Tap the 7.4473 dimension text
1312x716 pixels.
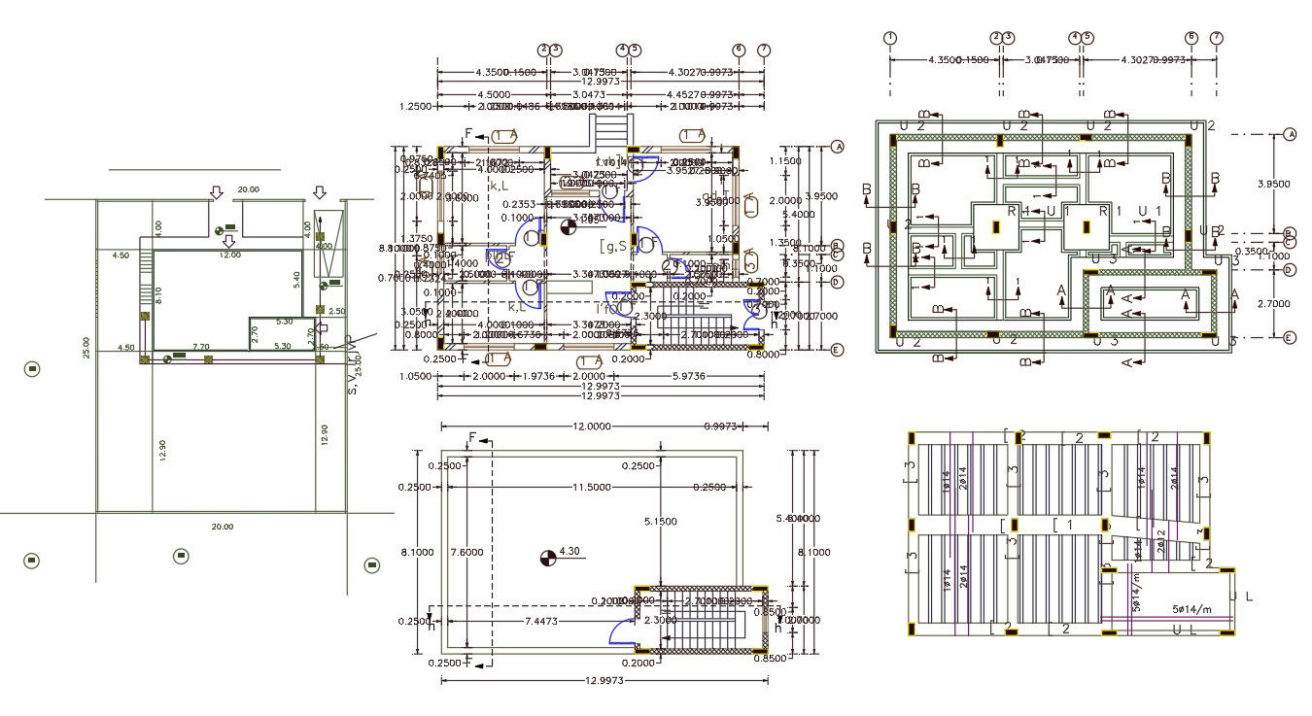(540, 620)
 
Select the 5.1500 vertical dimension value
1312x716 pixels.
(661, 523)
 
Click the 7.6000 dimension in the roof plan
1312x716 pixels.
(467, 551)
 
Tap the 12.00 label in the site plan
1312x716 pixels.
(229, 255)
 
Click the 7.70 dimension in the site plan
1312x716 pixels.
(200, 346)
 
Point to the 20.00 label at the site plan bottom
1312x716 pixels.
(223, 527)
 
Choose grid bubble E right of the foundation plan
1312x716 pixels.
(1290, 337)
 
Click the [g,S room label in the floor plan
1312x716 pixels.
(614, 246)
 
